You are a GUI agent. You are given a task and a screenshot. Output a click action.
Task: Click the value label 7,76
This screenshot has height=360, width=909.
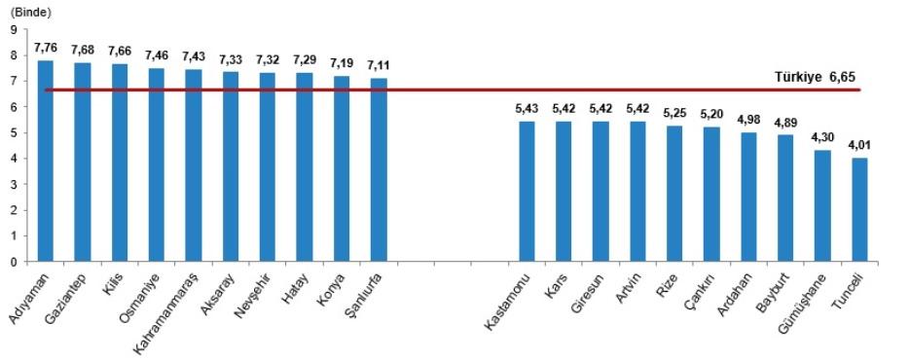tap(45, 47)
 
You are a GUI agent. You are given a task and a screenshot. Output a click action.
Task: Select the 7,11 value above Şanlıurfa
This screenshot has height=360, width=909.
tap(379, 64)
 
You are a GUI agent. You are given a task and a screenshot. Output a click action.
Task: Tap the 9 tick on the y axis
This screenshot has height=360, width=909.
tap(14, 29)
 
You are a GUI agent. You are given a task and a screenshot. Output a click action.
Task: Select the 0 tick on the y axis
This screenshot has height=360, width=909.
tap(14, 261)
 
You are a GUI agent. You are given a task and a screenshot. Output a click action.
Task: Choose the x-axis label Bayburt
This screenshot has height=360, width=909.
tap(775, 291)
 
